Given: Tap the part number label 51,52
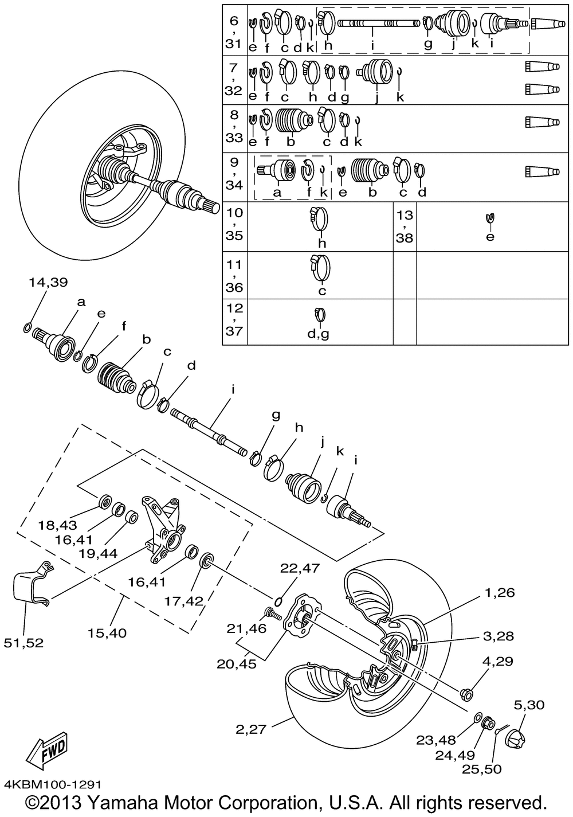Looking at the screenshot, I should click(27, 643).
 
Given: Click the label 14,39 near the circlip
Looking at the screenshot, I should click(48, 282).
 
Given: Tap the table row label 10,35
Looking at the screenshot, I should click(234, 224).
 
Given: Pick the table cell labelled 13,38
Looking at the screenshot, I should click(405, 226).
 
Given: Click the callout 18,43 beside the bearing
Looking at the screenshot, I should click(57, 525).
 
